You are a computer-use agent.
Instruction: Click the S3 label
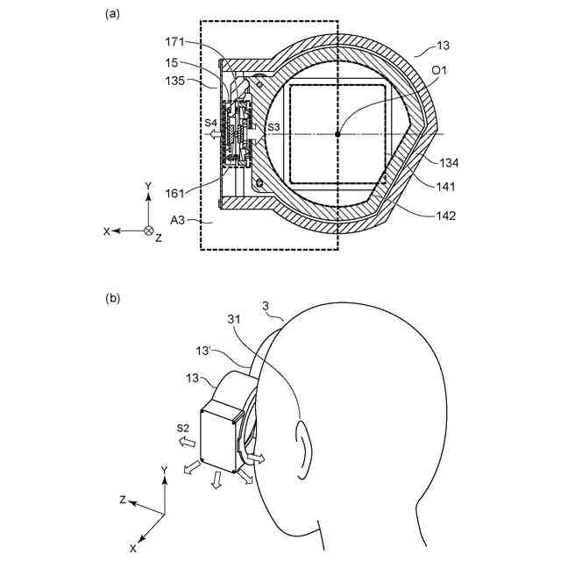pos(274,127)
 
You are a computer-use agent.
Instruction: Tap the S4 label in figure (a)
pos(210,124)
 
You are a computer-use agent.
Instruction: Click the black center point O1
pos(337,133)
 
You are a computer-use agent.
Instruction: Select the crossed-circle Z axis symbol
pos(148,231)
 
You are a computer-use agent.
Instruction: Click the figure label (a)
pos(112,13)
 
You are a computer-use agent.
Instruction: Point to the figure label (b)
pos(112,298)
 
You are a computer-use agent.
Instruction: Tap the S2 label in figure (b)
pos(182,427)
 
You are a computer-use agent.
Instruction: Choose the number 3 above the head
pos(266,305)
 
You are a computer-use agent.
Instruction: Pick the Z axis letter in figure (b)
pos(124,501)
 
